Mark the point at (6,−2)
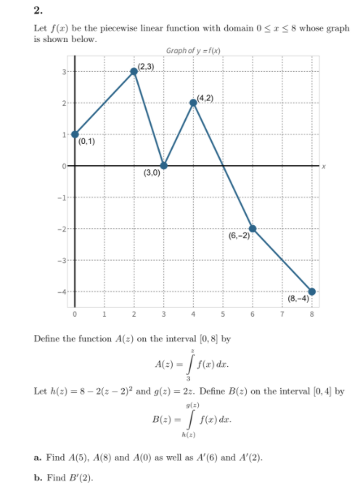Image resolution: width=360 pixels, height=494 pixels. tap(253, 228)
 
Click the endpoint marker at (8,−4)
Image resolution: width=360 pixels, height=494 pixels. tap(312, 291)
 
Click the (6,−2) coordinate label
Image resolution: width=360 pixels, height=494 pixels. tap(239, 236)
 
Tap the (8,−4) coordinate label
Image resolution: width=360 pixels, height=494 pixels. tap(299, 298)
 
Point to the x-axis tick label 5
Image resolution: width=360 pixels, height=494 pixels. tap(223, 315)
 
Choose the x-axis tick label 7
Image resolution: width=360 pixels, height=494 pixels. tap(282, 315)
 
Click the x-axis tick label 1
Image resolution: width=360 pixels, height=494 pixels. tap(104, 315)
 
